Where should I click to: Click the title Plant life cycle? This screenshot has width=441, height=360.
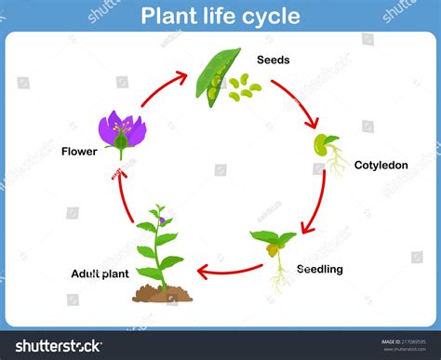pyautogui.click(x=220, y=16)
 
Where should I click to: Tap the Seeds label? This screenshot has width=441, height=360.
pyautogui.click(x=274, y=60)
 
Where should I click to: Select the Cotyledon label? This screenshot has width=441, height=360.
pyautogui.click(x=381, y=166)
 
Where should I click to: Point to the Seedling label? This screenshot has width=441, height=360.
pyautogui.click(x=319, y=270)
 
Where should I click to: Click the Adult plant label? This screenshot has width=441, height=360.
pyautogui.click(x=99, y=273)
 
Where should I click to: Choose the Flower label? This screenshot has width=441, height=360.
pyautogui.click(x=78, y=150)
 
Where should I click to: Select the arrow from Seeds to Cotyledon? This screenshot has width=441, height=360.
pyautogui.click(x=297, y=101)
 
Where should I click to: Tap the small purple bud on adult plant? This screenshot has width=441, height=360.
pyautogui.click(x=160, y=220)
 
